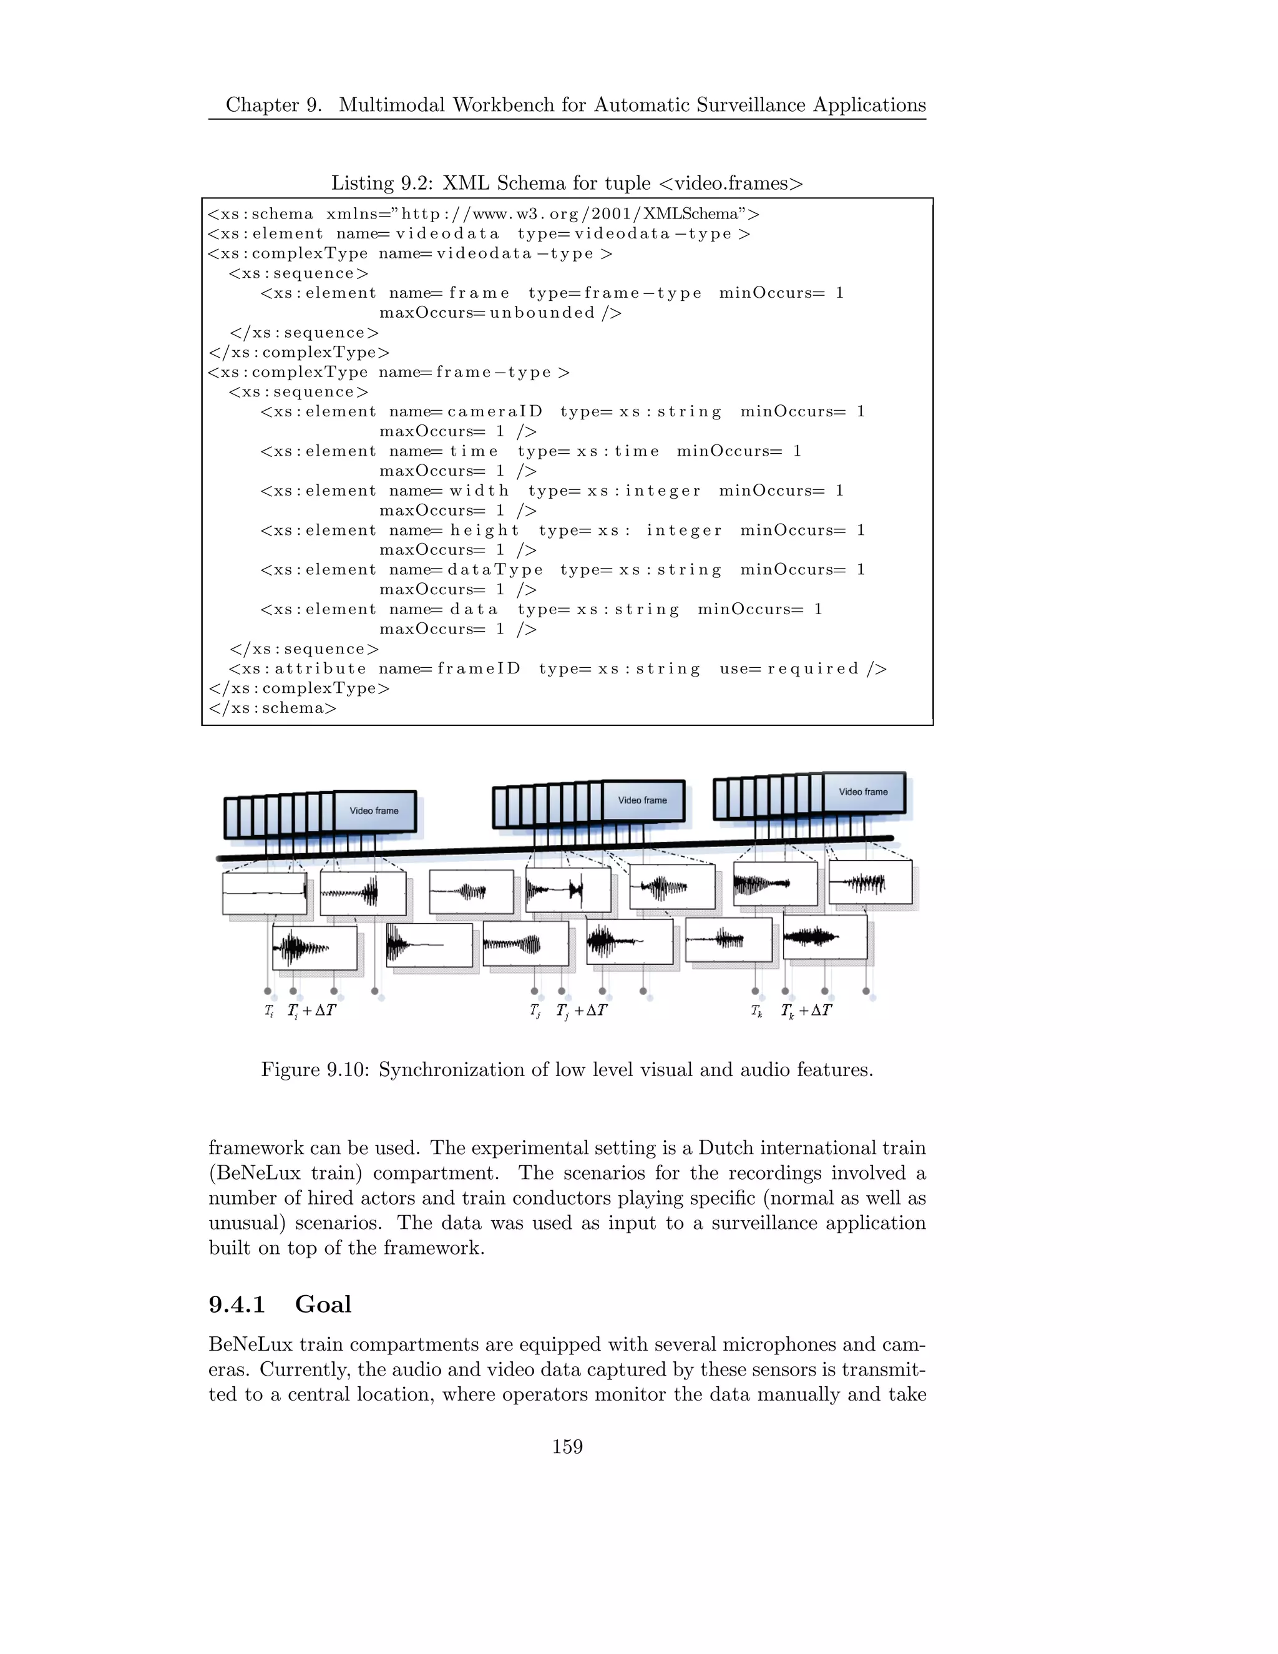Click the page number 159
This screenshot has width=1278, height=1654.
(567, 1447)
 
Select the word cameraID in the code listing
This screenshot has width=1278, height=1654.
(495, 412)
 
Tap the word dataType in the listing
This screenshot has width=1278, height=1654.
(495, 569)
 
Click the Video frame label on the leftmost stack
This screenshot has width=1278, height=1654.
(374, 810)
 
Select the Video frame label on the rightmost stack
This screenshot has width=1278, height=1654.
(863, 791)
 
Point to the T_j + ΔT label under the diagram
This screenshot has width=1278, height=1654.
(582, 1011)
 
